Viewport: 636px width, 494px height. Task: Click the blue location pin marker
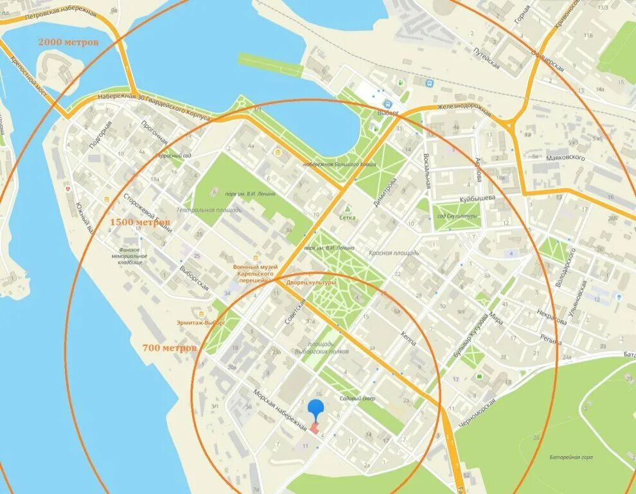pos(315,409)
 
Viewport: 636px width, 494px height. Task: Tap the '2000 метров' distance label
pos(69,42)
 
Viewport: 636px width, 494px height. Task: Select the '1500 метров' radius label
pos(140,222)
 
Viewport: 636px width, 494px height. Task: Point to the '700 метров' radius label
pos(170,348)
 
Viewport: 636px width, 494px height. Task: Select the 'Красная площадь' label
pos(394,253)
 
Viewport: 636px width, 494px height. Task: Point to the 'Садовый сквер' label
pos(357,399)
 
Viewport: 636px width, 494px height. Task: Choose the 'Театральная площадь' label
pos(209,210)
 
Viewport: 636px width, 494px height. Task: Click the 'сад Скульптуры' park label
pos(457,217)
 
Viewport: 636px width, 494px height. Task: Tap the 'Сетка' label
pos(348,217)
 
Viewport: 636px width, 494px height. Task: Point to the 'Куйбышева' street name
pos(477,199)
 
